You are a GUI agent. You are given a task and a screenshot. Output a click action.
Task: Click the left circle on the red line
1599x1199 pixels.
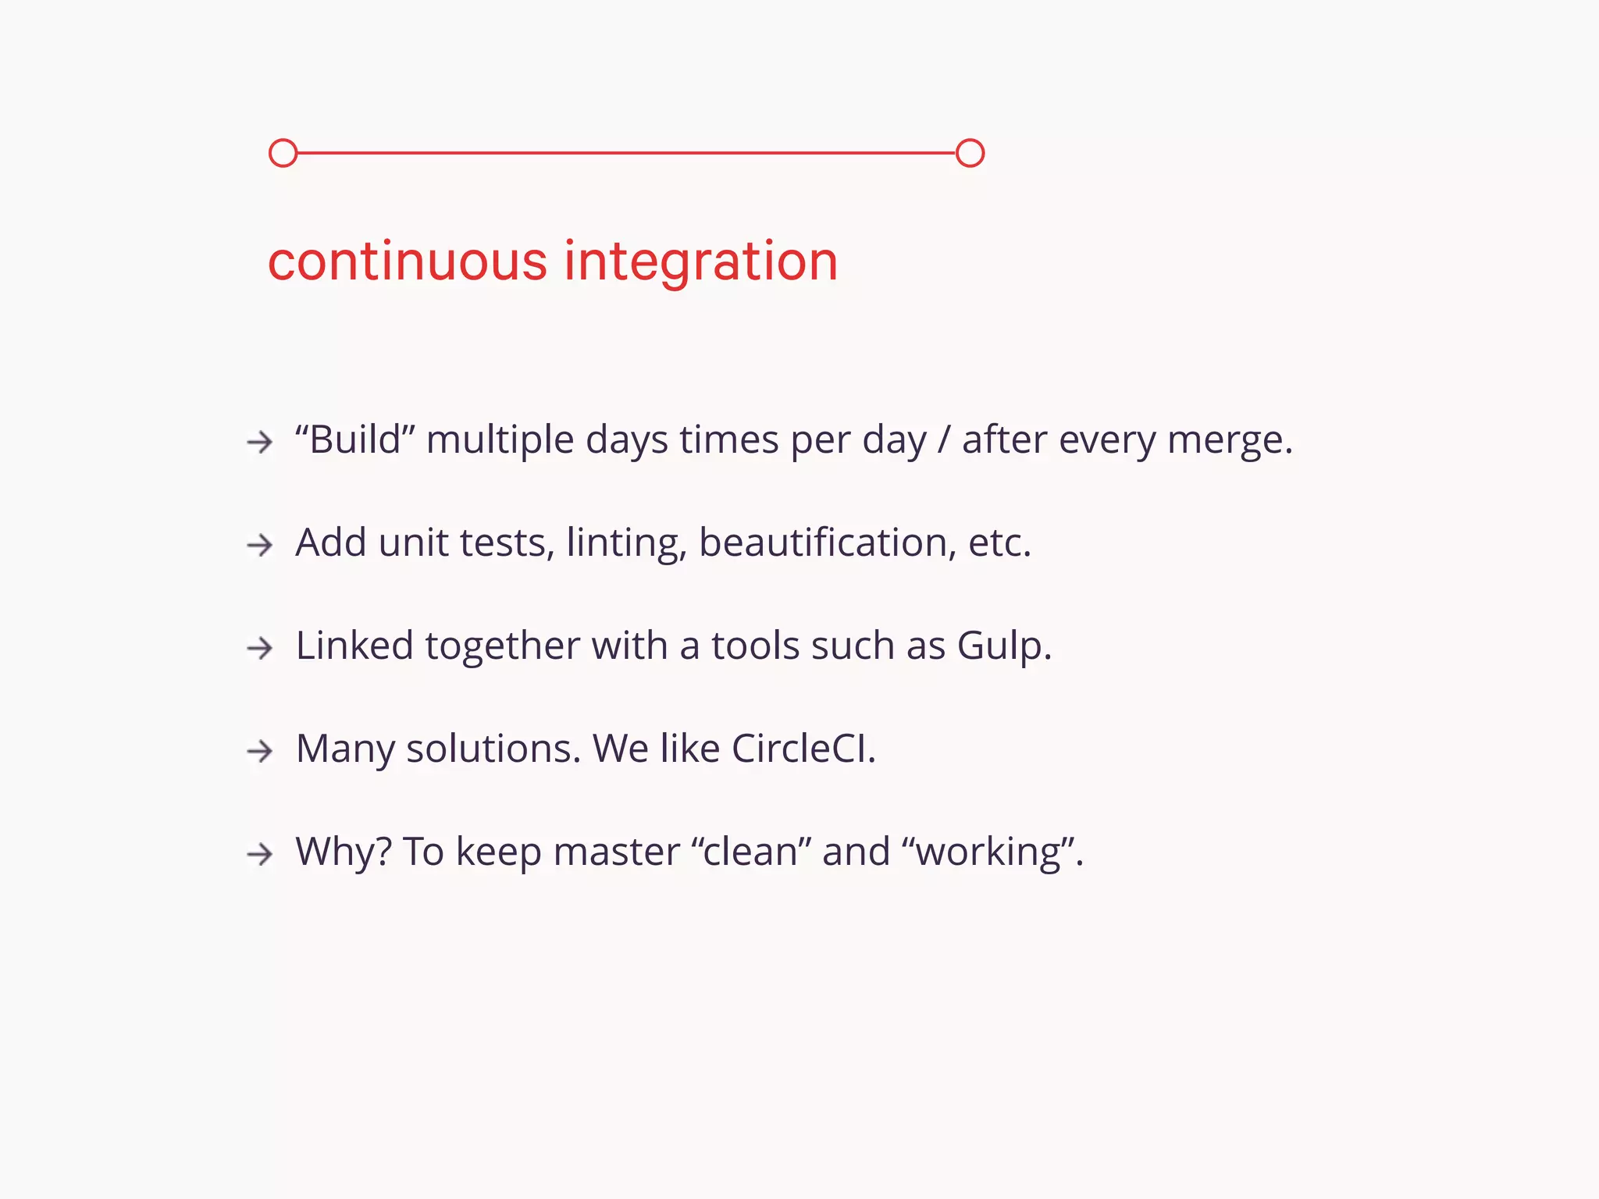tap(283, 153)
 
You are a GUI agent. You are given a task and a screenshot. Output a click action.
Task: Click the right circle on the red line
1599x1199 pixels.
tap(970, 153)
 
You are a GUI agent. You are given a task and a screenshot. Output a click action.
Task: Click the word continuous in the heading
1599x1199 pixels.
tap(408, 261)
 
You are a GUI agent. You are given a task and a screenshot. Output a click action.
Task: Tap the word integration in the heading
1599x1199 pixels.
tap(700, 261)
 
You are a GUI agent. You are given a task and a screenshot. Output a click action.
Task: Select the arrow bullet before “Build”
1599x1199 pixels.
tap(259, 443)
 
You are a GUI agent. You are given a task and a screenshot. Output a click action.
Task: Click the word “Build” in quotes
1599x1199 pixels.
tap(355, 439)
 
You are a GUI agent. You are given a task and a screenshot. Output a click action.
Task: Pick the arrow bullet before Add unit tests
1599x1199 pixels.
tap(259, 545)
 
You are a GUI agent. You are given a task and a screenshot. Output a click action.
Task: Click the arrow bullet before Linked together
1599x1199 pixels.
tap(259, 648)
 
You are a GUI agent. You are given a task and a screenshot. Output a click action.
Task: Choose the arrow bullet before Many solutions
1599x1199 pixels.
tap(259, 751)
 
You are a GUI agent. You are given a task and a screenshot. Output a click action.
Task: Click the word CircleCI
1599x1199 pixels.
tap(803, 749)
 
